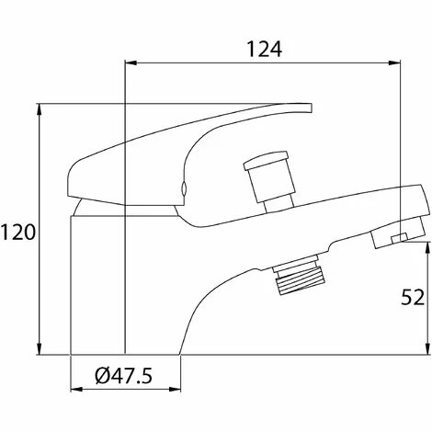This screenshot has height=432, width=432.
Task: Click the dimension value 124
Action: pos(265,51)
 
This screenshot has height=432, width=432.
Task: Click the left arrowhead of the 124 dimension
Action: pos(129,63)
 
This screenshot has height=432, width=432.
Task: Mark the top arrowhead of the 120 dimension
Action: pos(39,107)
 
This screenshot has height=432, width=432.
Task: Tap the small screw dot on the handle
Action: pos(184,190)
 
